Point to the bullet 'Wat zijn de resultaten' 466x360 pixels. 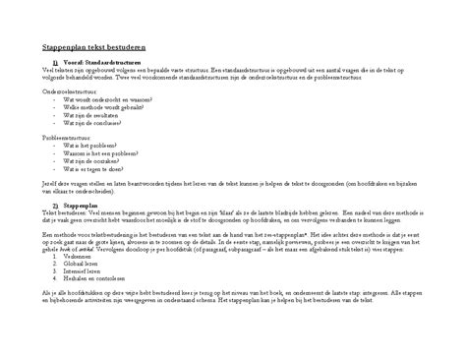point(92,115)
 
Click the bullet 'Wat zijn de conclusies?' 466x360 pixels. point(94,123)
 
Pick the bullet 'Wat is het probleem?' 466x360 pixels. point(90,148)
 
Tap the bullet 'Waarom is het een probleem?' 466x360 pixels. point(98,155)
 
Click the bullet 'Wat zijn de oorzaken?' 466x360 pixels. point(91,163)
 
